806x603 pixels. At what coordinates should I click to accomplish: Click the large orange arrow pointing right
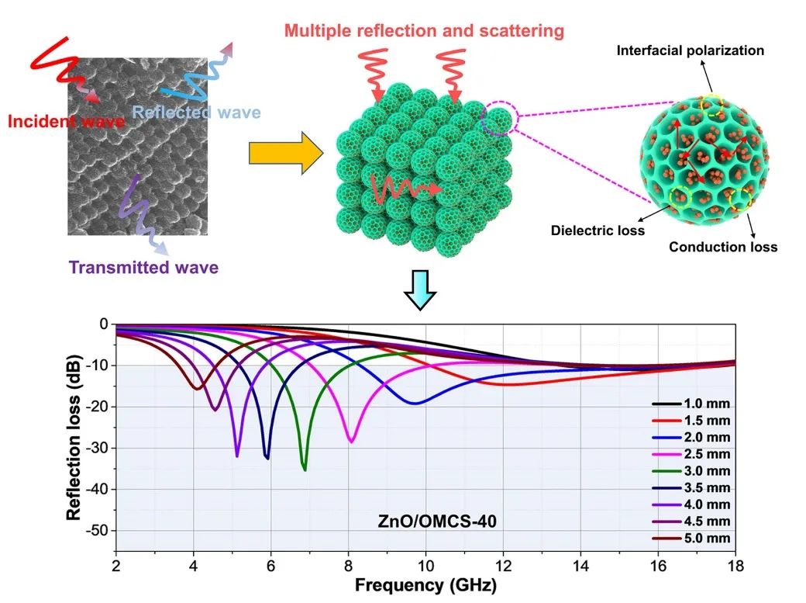point(285,154)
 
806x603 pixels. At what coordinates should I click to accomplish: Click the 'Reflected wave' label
point(195,113)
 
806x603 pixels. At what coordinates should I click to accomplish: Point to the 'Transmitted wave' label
point(143,268)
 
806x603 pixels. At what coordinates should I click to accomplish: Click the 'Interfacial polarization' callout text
point(690,51)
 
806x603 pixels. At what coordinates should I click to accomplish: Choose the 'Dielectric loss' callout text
point(598,230)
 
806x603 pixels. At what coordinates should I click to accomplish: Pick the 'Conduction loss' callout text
point(723,248)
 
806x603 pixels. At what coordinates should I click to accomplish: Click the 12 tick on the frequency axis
point(502,564)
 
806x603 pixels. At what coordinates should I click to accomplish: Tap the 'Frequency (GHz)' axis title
point(425,584)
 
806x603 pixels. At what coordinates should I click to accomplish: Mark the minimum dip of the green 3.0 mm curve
point(305,470)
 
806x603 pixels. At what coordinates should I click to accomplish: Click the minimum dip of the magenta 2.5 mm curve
point(351,442)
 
